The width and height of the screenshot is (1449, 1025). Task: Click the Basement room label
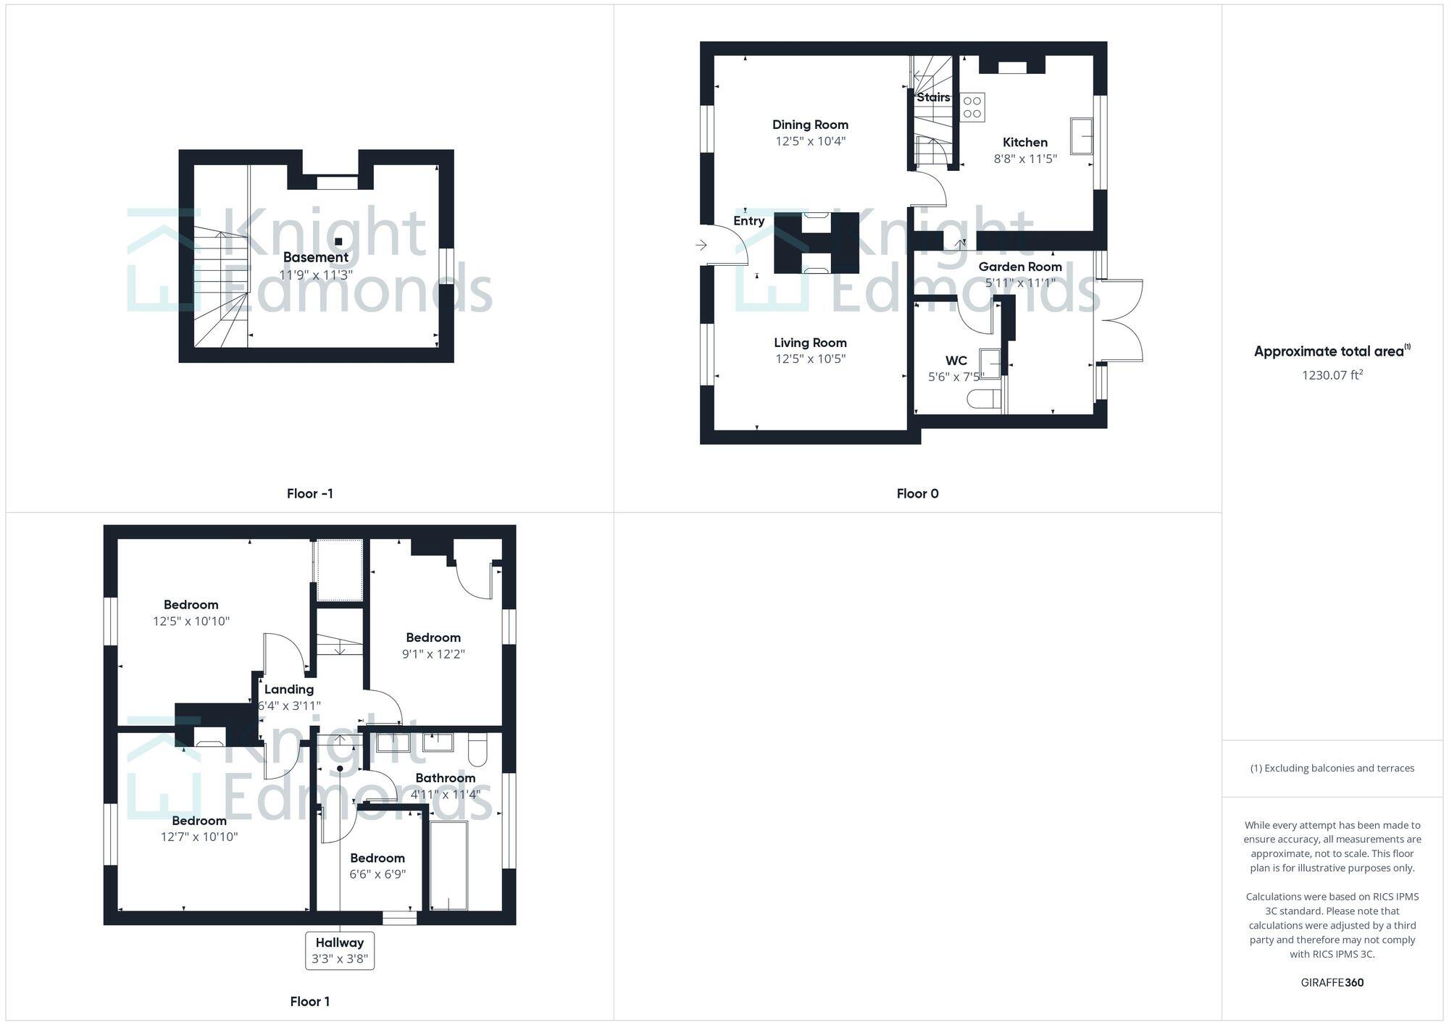point(315,257)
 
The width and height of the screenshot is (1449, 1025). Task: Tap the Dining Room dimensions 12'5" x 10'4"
point(810,141)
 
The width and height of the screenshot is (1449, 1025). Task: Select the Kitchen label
point(1024,142)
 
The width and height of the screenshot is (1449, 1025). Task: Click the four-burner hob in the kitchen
point(972,107)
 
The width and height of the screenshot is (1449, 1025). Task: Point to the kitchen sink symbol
point(1082,136)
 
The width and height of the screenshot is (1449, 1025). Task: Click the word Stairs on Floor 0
point(933,97)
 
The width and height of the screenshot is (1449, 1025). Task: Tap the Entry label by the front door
point(748,221)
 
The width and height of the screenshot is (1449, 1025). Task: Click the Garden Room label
point(1019,267)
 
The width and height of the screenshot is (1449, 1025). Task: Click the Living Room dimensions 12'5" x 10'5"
point(810,359)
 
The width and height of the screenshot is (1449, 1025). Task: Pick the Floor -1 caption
point(309,493)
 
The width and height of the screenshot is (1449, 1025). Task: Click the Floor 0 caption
point(917,493)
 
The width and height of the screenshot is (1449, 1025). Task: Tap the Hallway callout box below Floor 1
point(340,950)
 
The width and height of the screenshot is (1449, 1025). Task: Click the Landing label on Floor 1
point(288,689)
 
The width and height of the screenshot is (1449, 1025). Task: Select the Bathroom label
point(445,778)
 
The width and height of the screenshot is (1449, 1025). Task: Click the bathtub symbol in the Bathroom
point(448,865)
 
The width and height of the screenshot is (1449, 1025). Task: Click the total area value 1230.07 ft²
point(1332,375)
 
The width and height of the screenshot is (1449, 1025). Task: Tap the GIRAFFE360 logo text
point(1332,982)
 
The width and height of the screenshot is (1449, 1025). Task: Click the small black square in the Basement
point(338,241)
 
